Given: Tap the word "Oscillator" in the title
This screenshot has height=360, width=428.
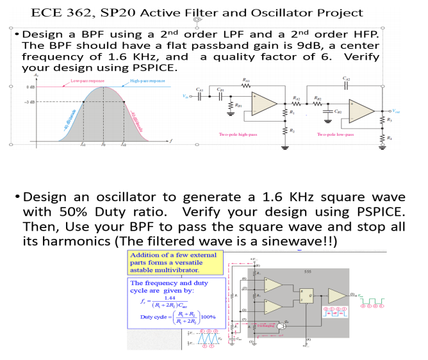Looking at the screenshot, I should tap(245, 12).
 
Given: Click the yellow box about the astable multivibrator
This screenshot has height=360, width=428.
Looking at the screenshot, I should tap(172, 263).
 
